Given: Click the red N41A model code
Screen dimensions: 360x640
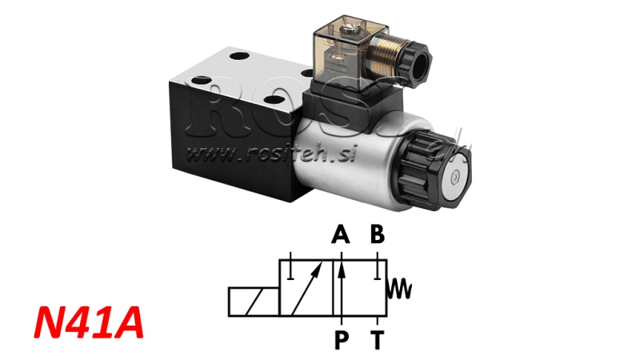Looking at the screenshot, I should [90, 323].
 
